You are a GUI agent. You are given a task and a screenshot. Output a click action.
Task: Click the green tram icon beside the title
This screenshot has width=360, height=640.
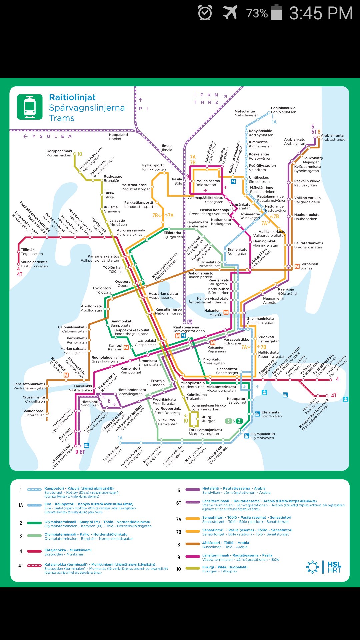coord(30,107)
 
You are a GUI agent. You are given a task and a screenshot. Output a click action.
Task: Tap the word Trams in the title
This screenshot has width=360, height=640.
coord(62,118)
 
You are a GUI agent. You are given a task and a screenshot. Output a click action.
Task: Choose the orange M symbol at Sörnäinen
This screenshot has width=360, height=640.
coord(297,266)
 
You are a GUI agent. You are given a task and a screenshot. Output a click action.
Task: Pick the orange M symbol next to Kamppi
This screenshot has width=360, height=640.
coord(126,348)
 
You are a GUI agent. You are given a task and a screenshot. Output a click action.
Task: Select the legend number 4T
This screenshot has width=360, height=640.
coord(21,566)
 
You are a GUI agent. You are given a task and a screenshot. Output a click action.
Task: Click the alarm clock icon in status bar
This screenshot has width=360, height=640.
coord(205,13)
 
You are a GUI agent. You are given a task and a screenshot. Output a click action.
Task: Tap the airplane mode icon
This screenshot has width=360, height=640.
coord(230,13)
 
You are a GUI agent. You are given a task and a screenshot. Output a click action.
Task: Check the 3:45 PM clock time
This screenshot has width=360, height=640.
coord(321,13)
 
